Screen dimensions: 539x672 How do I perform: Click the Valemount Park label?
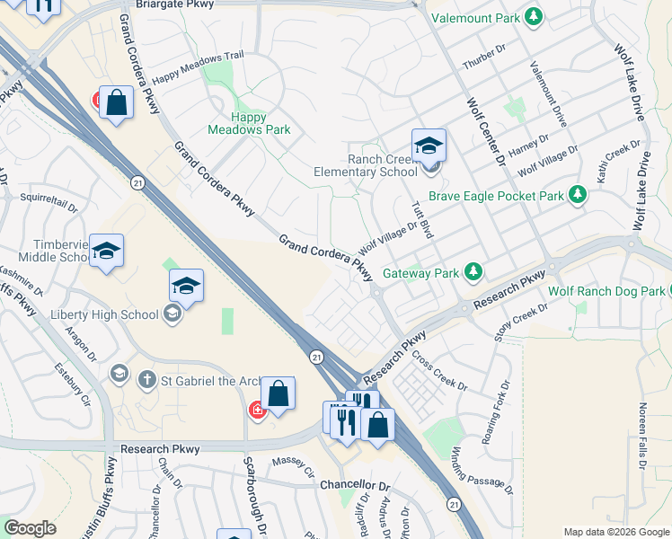tap(474, 17)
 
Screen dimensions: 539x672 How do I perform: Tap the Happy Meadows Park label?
tap(249, 123)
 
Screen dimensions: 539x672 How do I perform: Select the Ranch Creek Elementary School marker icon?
tap(429, 146)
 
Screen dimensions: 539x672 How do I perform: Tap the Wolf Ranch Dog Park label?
tap(606, 291)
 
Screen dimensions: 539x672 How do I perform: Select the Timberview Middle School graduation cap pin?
tap(106, 253)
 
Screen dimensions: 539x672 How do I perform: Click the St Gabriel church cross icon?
tap(148, 380)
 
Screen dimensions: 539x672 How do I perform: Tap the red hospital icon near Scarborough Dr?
tap(258, 410)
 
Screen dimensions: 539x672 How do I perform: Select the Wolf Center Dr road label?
tap(486, 129)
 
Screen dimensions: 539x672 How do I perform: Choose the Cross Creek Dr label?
tap(439, 371)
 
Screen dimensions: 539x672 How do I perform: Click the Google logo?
tap(31, 528)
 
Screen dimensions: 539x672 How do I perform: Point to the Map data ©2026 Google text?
tap(616, 532)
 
